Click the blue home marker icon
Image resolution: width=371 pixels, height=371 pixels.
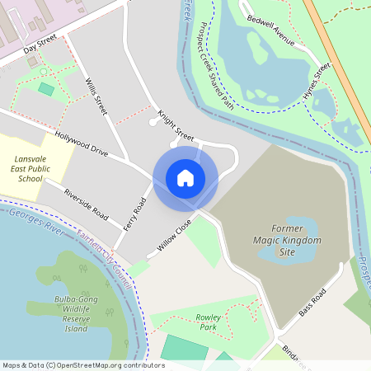click(x=185, y=178)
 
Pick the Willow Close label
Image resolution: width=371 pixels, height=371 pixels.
click(x=174, y=235)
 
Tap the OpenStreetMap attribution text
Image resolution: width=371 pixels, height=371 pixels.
click(x=83, y=364)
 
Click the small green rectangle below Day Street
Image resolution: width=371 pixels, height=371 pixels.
click(x=46, y=88)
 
